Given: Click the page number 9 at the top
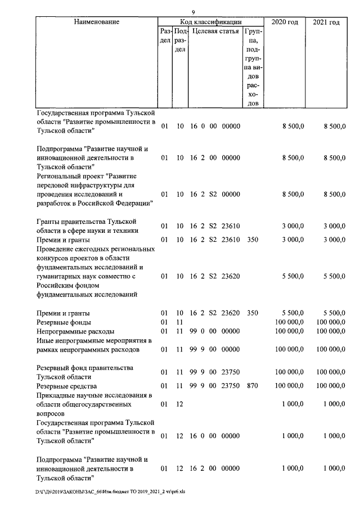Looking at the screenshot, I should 193,12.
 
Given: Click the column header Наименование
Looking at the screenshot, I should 96,22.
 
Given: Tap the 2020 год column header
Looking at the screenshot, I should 285,22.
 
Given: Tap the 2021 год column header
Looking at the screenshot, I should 326,22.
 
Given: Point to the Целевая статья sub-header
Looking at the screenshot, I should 215,31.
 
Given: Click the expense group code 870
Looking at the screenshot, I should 253,386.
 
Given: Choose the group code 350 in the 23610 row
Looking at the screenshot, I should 253,240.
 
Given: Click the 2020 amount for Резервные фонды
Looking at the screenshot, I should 289,322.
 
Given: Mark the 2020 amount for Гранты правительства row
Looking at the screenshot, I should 292,226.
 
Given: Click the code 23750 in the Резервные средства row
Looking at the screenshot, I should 231,386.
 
